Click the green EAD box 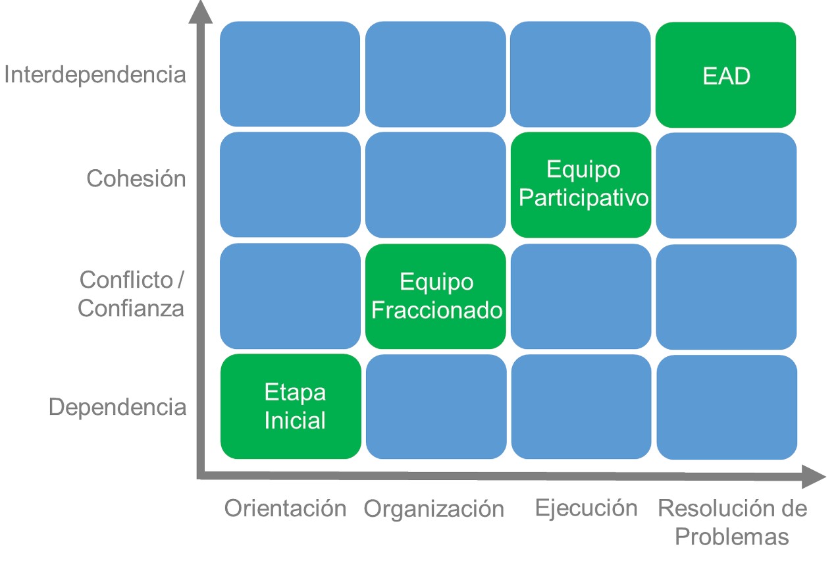click(x=725, y=74)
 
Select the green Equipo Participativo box click(x=581, y=185)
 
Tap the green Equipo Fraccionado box click(x=436, y=296)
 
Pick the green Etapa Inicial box click(x=291, y=406)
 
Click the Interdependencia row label click(x=95, y=74)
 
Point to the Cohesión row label click(x=136, y=178)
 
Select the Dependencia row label click(x=117, y=407)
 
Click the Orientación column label click(x=285, y=508)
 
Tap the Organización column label click(x=434, y=509)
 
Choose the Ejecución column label click(x=586, y=508)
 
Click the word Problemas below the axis click(x=732, y=537)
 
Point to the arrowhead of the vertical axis click(x=201, y=11)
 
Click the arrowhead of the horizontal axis click(x=814, y=476)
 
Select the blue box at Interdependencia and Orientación click(x=290, y=74)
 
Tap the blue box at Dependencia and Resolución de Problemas click(x=727, y=407)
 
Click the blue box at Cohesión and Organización click(x=436, y=185)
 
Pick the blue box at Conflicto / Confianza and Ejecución click(x=581, y=296)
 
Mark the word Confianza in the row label click(x=131, y=309)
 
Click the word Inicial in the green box click(x=295, y=420)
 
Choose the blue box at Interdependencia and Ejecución click(x=581, y=74)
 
